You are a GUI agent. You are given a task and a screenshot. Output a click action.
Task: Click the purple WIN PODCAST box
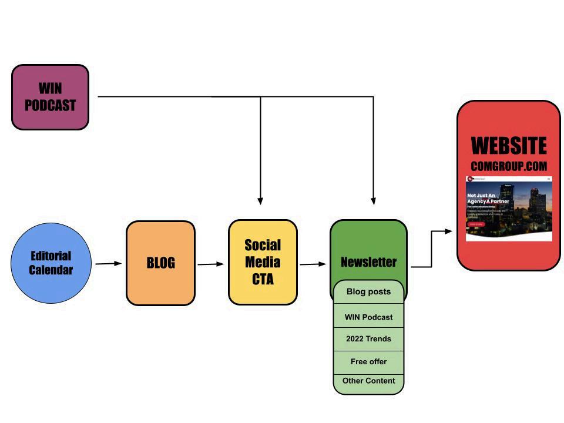pyautogui.click(x=51, y=97)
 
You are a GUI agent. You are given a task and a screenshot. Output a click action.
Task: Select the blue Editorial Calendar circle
pyautogui.click(x=51, y=263)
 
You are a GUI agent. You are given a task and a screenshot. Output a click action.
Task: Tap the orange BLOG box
pyautogui.click(x=160, y=263)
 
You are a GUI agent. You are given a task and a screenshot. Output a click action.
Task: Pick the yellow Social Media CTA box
pyautogui.click(x=263, y=262)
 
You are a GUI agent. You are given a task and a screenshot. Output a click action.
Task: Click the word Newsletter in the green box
pyautogui.click(x=368, y=262)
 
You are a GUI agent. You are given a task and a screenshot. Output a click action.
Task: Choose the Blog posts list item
pyautogui.click(x=368, y=291)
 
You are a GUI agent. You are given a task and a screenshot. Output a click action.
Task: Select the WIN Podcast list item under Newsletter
pyautogui.click(x=368, y=317)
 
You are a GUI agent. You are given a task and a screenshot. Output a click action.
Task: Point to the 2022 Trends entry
pyautogui.click(x=368, y=339)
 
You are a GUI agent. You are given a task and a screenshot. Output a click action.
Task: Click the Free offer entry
pyautogui.click(x=368, y=362)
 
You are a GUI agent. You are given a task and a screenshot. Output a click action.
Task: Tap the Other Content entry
pyautogui.click(x=368, y=381)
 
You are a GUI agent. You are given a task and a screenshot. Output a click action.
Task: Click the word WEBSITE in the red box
pyautogui.click(x=509, y=146)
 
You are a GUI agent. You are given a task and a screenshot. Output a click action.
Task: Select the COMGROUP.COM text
pyautogui.click(x=509, y=166)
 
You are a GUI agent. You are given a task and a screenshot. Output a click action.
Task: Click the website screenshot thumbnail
pyautogui.click(x=509, y=208)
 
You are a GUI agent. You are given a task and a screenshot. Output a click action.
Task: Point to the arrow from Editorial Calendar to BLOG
pyautogui.click(x=109, y=264)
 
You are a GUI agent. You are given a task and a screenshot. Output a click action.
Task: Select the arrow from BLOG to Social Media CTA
pyautogui.click(x=211, y=264)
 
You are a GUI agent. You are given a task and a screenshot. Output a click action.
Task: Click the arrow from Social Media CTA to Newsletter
pyautogui.click(x=313, y=264)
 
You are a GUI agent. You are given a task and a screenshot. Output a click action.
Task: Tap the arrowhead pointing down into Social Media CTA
pyautogui.click(x=260, y=200)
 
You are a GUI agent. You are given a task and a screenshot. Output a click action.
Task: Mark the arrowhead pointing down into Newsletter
pyautogui.click(x=373, y=200)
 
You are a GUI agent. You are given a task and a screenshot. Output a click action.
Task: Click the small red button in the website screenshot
pyautogui.click(x=475, y=224)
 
